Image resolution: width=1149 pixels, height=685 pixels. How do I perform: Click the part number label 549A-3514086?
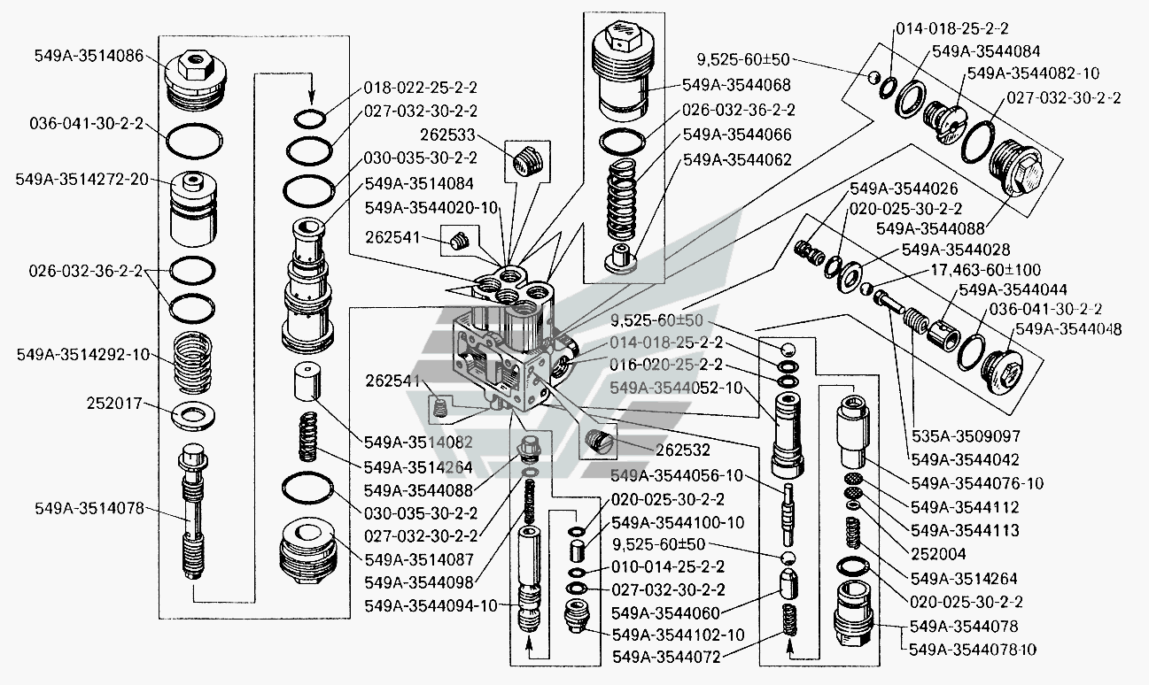[x=89, y=55]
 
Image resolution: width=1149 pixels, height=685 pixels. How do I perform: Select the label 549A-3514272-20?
[x=82, y=179]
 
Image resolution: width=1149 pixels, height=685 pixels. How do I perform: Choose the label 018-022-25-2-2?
[x=421, y=88]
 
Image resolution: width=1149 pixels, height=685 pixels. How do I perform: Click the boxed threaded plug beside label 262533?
[x=527, y=164]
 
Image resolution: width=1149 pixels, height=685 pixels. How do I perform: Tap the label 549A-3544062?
[x=737, y=160]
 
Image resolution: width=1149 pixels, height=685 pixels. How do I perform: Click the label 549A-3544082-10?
[x=1033, y=73]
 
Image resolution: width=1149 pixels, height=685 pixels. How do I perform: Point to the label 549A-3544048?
[x=1068, y=329]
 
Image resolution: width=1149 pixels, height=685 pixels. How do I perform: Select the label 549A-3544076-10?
[x=978, y=483]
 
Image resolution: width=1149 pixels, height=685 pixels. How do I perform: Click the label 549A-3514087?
[x=421, y=558]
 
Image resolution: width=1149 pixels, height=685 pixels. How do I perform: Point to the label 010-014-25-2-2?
[x=668, y=566]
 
